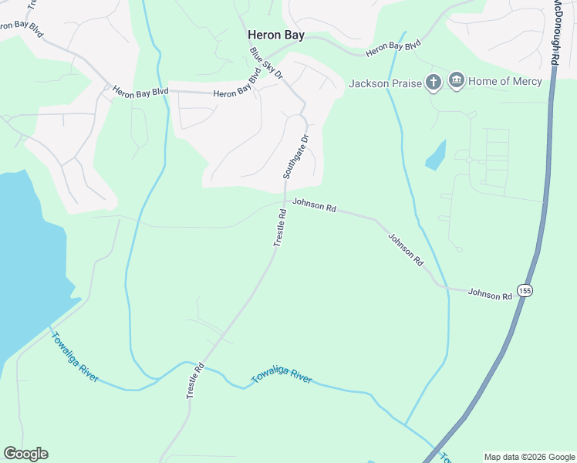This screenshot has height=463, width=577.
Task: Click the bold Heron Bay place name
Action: [275, 35]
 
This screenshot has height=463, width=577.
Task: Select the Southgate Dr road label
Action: [295, 157]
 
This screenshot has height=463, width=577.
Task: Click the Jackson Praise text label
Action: [386, 83]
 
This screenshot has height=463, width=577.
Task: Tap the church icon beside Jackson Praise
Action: [434, 82]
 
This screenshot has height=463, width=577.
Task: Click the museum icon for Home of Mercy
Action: [456, 81]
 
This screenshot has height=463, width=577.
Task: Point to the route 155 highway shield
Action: [525, 290]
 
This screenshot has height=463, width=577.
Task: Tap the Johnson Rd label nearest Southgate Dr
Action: [315, 208]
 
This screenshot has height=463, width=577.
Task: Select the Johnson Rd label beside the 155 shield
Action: [490, 295]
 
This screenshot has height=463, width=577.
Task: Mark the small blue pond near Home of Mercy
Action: [436, 155]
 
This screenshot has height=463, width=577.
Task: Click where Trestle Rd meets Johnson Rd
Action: [285, 202]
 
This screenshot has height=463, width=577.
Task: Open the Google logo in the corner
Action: [25, 454]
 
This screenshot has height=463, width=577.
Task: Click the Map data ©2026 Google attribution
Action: [528, 457]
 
